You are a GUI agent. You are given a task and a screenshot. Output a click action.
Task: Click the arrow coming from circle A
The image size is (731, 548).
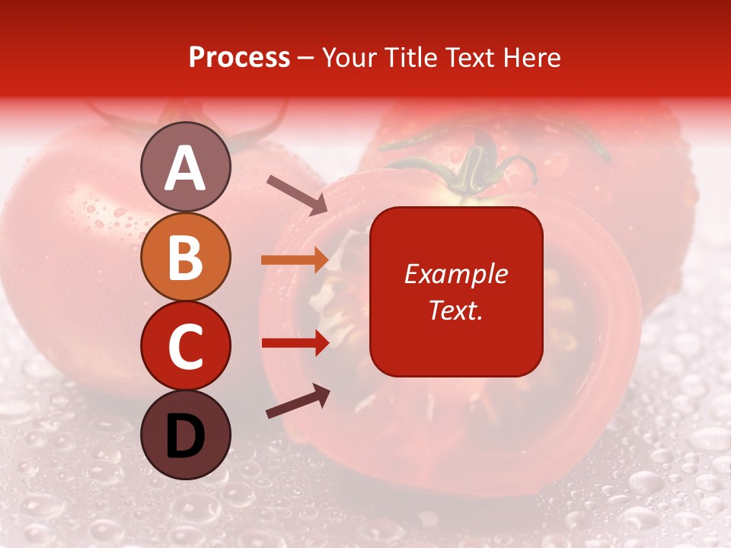pyautogui.click(x=297, y=194)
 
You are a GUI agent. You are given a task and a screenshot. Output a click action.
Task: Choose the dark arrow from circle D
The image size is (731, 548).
pyautogui.click(x=298, y=401)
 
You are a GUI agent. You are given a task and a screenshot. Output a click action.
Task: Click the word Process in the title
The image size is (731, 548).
pyautogui.click(x=239, y=58)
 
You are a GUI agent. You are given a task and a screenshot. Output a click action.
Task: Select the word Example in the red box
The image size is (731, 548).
pyautogui.click(x=455, y=274)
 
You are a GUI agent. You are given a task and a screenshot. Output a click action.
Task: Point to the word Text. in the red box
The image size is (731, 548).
pyautogui.click(x=455, y=310)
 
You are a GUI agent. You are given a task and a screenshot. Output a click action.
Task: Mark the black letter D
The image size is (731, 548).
pyautogui.click(x=185, y=436)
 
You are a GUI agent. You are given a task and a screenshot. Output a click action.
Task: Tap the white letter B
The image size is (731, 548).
pyautogui.click(x=185, y=257)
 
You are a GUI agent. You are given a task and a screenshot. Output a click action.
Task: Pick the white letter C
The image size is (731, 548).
pyautogui.click(x=185, y=346)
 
